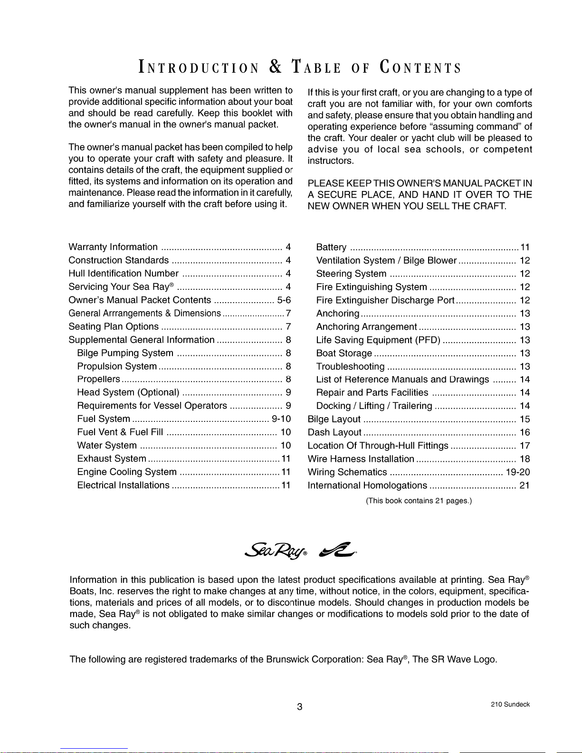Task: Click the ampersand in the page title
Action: pyautogui.click(x=276, y=67)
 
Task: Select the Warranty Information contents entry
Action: pyautogui.click(x=113, y=247)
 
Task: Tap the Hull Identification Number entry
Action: pyautogui.click(x=124, y=274)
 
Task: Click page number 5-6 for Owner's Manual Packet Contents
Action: pyautogui.click(x=284, y=300)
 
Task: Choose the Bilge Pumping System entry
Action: pyautogui.click(x=125, y=353)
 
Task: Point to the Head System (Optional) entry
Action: pyautogui.click(x=128, y=392)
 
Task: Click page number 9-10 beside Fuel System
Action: pyautogui.click(x=281, y=419)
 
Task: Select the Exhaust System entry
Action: pyautogui.click(x=112, y=458)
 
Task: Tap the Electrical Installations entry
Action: pyautogui.click(x=123, y=485)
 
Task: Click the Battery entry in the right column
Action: pyautogui.click(x=331, y=247)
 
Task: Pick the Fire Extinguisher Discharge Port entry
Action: pyautogui.click(x=385, y=300)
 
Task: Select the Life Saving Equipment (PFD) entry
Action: pyautogui.click(x=378, y=340)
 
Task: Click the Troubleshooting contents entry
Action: pyautogui.click(x=350, y=367)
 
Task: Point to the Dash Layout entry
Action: pyautogui.click(x=334, y=432)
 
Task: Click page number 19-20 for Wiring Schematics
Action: pyautogui.click(x=518, y=472)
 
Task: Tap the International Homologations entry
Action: pyautogui.click(x=367, y=486)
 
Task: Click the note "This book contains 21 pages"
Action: pyautogui.click(x=419, y=501)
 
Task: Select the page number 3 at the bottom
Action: pyautogui.click(x=299, y=706)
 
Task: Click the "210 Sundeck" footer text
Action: pyautogui.click(x=510, y=705)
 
